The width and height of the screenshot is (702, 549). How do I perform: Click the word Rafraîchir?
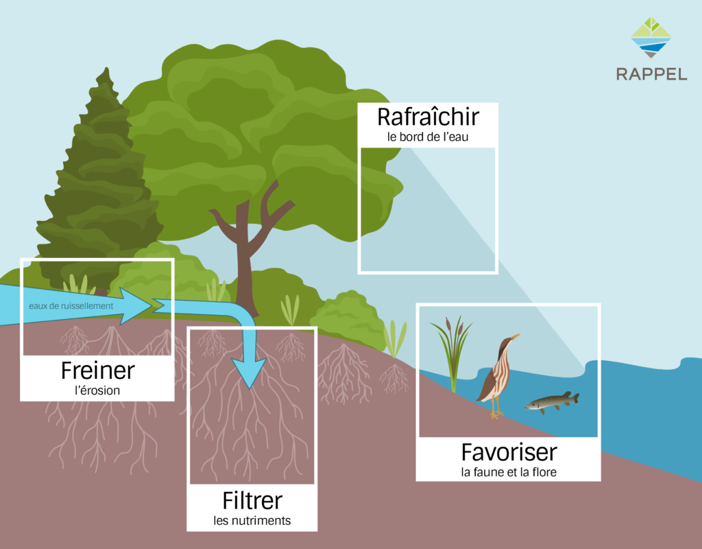428,117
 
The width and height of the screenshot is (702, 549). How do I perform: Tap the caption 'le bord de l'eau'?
428,137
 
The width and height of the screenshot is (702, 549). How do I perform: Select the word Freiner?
97,371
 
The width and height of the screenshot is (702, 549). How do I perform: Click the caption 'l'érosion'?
97,390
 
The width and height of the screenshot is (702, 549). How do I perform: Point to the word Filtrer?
252,500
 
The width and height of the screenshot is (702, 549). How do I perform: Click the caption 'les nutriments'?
252,521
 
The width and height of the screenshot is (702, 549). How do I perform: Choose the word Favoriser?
509,452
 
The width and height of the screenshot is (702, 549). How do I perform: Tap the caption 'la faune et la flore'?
509,472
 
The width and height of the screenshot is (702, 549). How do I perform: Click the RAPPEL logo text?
651,74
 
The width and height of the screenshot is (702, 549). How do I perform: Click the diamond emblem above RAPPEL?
651,38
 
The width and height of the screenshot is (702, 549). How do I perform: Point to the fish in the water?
552,401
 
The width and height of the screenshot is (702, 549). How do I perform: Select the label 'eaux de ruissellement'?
71,306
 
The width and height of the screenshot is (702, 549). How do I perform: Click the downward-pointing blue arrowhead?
249,373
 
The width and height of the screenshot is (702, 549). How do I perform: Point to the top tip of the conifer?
106,69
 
